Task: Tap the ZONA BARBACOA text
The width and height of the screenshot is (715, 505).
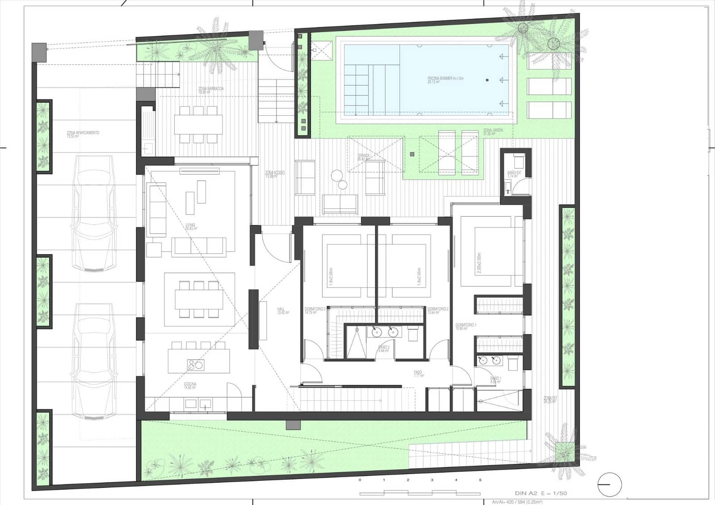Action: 211,89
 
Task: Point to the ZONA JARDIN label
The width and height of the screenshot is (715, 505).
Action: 493,131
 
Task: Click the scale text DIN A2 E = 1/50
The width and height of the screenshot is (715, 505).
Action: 541,493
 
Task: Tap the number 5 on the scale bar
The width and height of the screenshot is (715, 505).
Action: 480,480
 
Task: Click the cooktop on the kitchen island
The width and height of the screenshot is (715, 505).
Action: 195,365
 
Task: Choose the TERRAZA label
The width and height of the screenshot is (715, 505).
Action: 364,157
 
